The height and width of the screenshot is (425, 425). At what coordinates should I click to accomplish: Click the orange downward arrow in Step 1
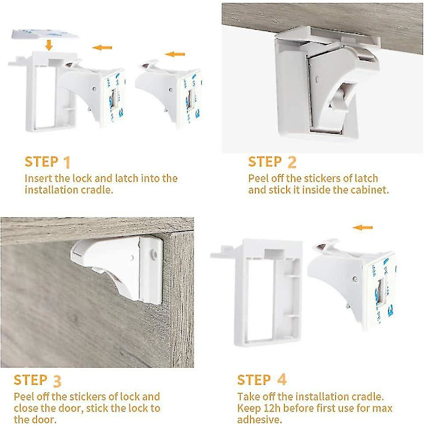(x=49, y=45)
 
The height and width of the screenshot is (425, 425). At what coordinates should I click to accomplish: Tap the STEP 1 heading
(x=47, y=162)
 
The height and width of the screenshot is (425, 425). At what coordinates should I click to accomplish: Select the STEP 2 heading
(x=272, y=162)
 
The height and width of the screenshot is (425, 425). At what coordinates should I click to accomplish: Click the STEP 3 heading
(x=38, y=380)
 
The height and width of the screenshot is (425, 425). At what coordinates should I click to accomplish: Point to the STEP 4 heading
(x=262, y=380)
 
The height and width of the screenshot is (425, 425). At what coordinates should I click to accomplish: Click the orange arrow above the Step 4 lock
(x=363, y=227)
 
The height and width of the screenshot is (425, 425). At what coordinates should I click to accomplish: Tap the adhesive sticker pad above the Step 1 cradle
(x=45, y=34)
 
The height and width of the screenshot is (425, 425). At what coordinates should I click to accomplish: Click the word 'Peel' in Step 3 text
(x=24, y=397)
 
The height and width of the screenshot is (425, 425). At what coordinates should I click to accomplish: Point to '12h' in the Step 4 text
(x=271, y=409)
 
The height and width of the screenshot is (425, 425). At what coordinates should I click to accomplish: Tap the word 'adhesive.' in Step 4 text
(x=259, y=419)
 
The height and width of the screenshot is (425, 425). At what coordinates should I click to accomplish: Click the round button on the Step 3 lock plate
(x=154, y=254)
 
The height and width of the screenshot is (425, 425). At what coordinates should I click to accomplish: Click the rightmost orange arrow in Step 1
(x=175, y=55)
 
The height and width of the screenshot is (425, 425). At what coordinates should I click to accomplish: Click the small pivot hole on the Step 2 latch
(x=317, y=79)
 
